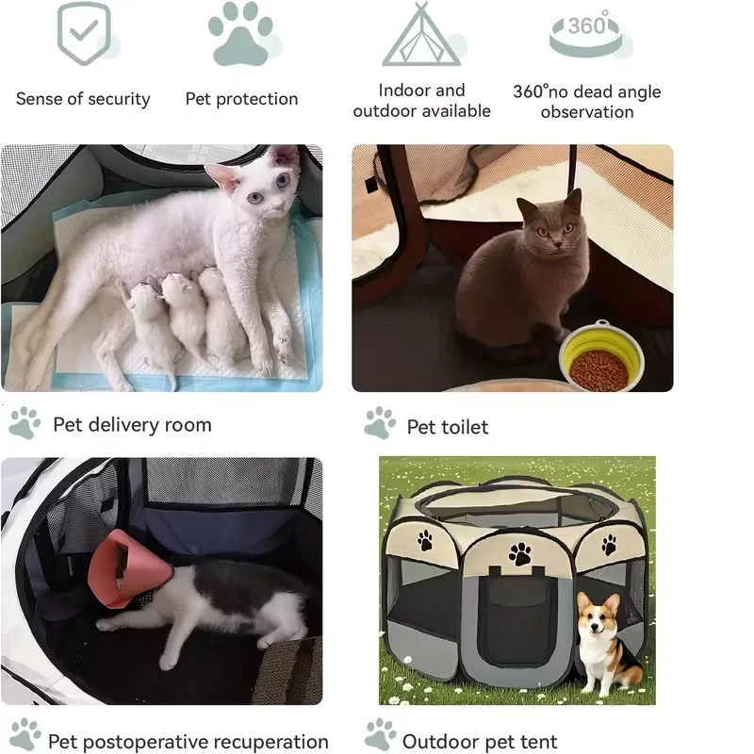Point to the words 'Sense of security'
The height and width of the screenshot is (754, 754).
83,99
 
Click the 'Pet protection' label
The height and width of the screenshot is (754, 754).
241,99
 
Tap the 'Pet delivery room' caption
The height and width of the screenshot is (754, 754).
132,425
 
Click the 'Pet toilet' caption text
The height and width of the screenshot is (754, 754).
448,427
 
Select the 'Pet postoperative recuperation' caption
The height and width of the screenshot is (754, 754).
188,742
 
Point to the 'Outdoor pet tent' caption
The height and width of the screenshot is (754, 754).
480,742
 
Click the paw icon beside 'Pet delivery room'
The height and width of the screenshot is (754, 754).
25,422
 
